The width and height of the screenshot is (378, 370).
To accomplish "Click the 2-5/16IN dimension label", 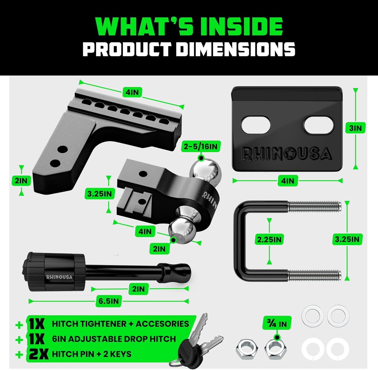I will [x=201, y=146].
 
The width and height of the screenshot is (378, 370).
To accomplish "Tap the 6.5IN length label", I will [x=109, y=301].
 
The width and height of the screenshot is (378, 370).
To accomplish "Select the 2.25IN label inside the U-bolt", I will [x=269, y=239].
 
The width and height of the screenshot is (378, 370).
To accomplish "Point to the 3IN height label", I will [x=355, y=128].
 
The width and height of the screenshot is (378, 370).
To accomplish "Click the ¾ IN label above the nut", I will [x=277, y=323].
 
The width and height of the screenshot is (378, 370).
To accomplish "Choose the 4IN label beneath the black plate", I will [x=288, y=181].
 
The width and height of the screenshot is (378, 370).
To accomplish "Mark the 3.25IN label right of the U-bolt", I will [x=347, y=239].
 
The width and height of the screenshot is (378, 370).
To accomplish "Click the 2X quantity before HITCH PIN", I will [x=38, y=354].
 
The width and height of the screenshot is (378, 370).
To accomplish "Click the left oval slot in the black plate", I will [x=256, y=125].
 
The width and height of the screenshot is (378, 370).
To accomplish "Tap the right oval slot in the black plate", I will [x=319, y=125].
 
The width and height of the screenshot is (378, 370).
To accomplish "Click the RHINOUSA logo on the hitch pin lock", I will [x=59, y=277].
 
